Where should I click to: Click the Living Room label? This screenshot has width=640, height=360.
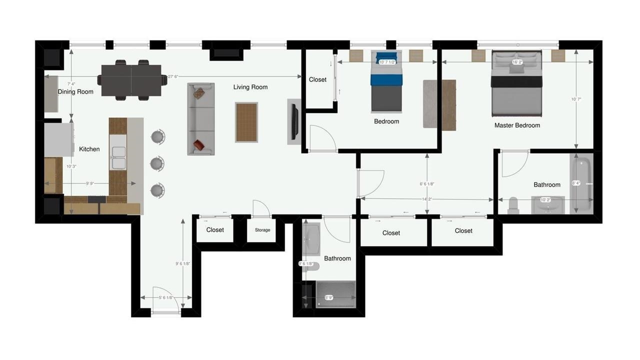click(250, 87)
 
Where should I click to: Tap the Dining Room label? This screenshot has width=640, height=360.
click(75, 91)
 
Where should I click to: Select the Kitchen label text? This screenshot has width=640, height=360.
click(89, 149)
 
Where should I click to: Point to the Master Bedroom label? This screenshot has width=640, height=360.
click(517, 125)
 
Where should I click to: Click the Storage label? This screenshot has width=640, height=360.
click(262, 230)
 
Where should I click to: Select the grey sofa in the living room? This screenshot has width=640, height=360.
click(201, 119)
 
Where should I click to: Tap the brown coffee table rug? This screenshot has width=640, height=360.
click(246, 122)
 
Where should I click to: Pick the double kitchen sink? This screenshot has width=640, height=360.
click(118, 157)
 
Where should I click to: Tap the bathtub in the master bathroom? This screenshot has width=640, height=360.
click(581, 183)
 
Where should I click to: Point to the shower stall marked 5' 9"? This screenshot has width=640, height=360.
click(335, 294)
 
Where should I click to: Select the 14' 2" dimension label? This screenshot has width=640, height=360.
click(426, 199)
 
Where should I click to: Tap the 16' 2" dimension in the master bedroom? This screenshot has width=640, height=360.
click(517, 62)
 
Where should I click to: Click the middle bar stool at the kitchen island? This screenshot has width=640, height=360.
click(157, 163)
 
